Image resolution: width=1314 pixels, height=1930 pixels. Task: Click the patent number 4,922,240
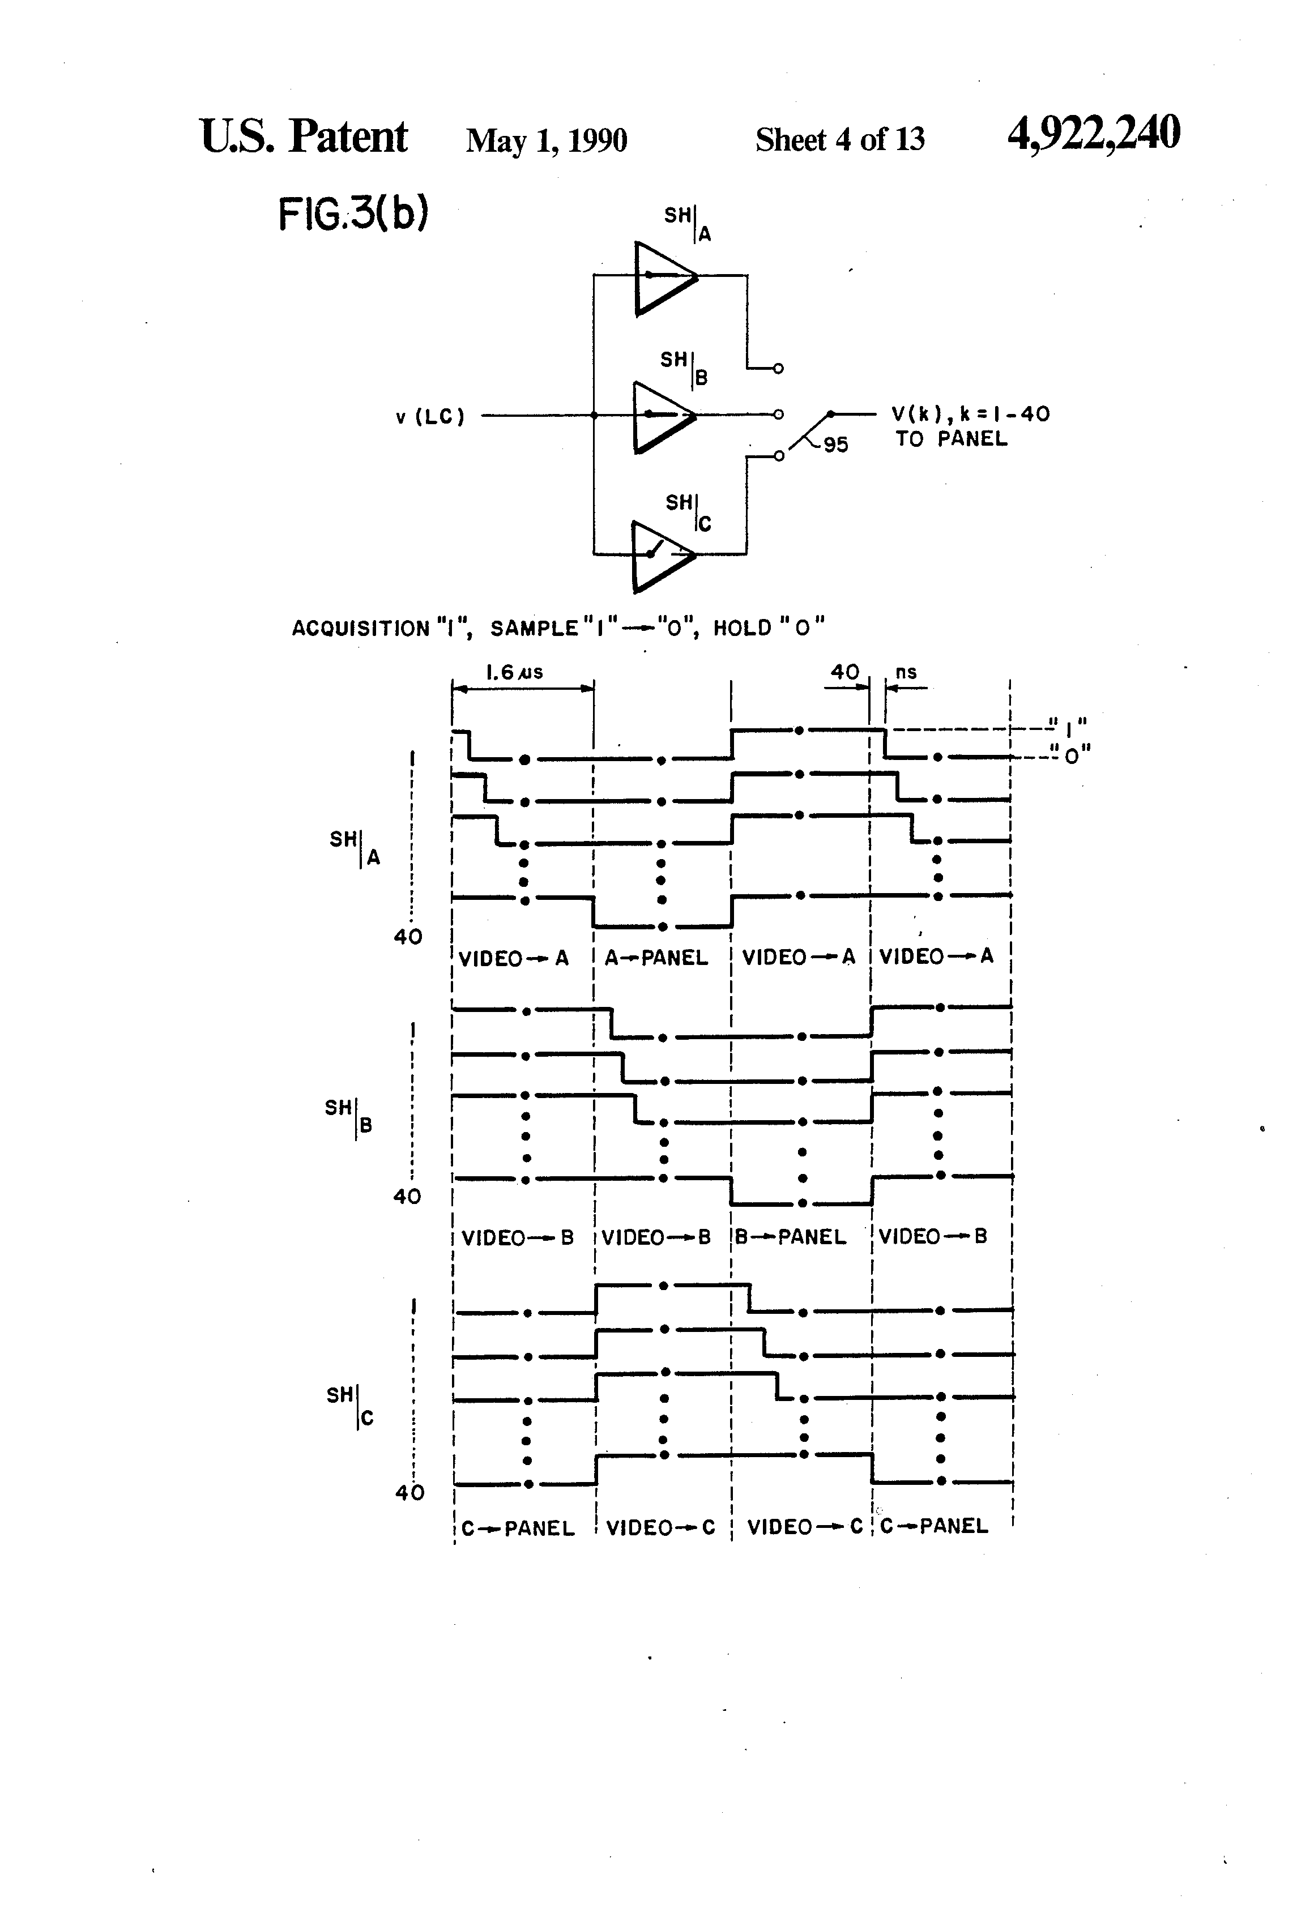(1093, 135)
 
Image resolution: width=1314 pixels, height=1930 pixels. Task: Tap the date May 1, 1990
(545, 140)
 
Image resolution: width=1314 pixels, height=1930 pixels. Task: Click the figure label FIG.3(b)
(353, 214)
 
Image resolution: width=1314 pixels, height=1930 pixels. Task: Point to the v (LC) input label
(429, 417)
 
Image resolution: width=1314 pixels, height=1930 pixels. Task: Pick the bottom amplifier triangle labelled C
(660, 557)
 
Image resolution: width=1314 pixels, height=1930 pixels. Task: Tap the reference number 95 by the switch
(835, 445)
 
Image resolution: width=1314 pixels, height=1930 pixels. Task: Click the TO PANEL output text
(951, 439)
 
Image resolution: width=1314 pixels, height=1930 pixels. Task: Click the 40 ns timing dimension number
(844, 671)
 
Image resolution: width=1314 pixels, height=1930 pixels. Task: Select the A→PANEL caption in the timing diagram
(656, 958)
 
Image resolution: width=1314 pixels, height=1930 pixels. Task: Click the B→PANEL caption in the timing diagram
(791, 1237)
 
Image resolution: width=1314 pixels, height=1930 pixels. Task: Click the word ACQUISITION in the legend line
(360, 629)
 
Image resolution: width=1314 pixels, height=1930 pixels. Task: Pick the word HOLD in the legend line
(743, 629)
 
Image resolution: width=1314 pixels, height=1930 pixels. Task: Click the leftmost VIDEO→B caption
(518, 1238)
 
